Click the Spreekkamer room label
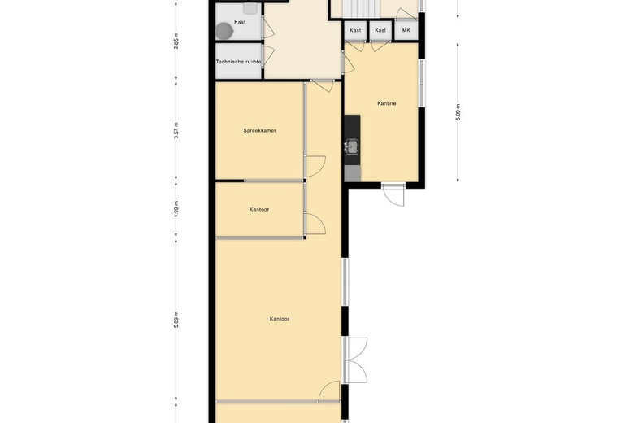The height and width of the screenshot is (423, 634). pos(259,131)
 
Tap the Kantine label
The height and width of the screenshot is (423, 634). pos(387,103)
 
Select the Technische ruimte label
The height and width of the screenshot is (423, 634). pos(238,62)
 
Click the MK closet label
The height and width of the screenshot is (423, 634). pos(406,30)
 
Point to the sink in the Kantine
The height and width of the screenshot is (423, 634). pos(352,147)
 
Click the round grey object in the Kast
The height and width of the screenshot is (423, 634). pos(224,31)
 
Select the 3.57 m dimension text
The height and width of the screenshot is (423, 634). pos(176,130)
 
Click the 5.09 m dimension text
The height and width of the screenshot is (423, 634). pos(458,112)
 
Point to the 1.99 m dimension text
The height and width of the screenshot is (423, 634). pos(176,209)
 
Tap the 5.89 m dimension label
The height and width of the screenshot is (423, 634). pos(176,321)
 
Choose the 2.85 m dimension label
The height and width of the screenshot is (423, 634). pos(176,41)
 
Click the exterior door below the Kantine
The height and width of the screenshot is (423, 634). pos(393,195)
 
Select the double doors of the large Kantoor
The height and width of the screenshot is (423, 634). pos(355,360)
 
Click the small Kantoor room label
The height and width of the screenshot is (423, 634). pos(259,210)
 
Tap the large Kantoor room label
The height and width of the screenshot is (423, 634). pos(280,319)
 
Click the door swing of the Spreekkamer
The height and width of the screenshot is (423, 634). pos(315,167)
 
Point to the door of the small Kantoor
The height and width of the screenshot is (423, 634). pos(315,224)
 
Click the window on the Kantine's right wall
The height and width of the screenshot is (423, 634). pos(421,84)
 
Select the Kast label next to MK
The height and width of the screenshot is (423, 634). pos(380,30)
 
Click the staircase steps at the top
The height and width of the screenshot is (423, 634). pos(361,8)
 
